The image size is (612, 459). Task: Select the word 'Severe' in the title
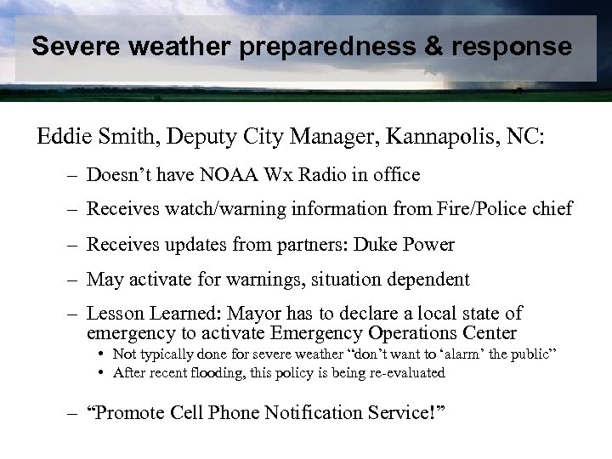74,48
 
